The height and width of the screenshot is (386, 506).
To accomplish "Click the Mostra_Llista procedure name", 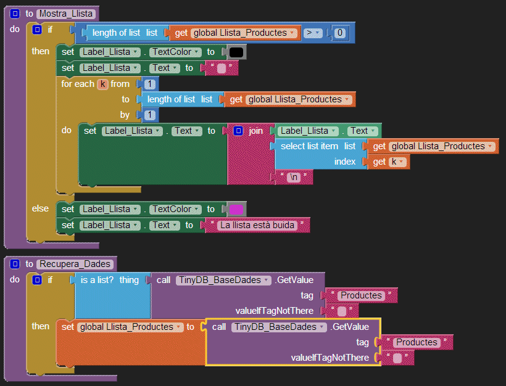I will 67,14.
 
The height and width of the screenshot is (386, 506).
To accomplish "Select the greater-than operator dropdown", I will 312,33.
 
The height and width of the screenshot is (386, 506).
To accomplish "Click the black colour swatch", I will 235,52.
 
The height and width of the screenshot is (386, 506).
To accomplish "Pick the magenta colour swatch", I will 235,210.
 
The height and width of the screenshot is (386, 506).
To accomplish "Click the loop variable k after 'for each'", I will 102,84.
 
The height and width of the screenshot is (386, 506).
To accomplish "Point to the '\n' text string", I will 294,178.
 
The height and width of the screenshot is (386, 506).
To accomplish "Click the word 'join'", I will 255,131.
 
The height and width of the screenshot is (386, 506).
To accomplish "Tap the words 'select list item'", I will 309,146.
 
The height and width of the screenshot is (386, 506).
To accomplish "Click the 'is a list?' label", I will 97,280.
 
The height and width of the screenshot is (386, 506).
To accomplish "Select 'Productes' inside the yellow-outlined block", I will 417,342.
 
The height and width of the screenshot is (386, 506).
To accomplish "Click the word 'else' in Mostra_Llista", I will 41,208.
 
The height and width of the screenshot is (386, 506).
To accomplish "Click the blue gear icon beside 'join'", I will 238,131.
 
